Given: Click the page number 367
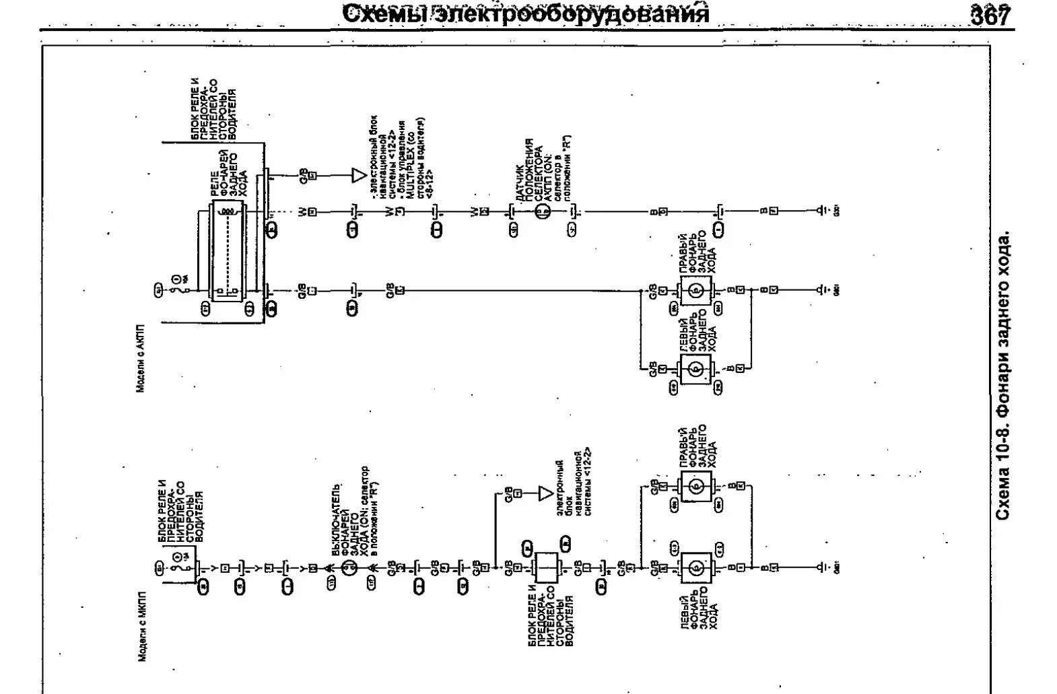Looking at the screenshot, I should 991,15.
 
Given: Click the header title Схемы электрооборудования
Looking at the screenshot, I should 526,13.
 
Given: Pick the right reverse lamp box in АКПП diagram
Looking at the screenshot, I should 696,290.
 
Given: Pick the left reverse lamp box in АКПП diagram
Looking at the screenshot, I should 696,369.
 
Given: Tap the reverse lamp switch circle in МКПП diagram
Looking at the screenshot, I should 349,568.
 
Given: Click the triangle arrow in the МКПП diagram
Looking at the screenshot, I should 545,494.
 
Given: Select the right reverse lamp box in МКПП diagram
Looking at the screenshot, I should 696,486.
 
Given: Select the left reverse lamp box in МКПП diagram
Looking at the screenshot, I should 696,568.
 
